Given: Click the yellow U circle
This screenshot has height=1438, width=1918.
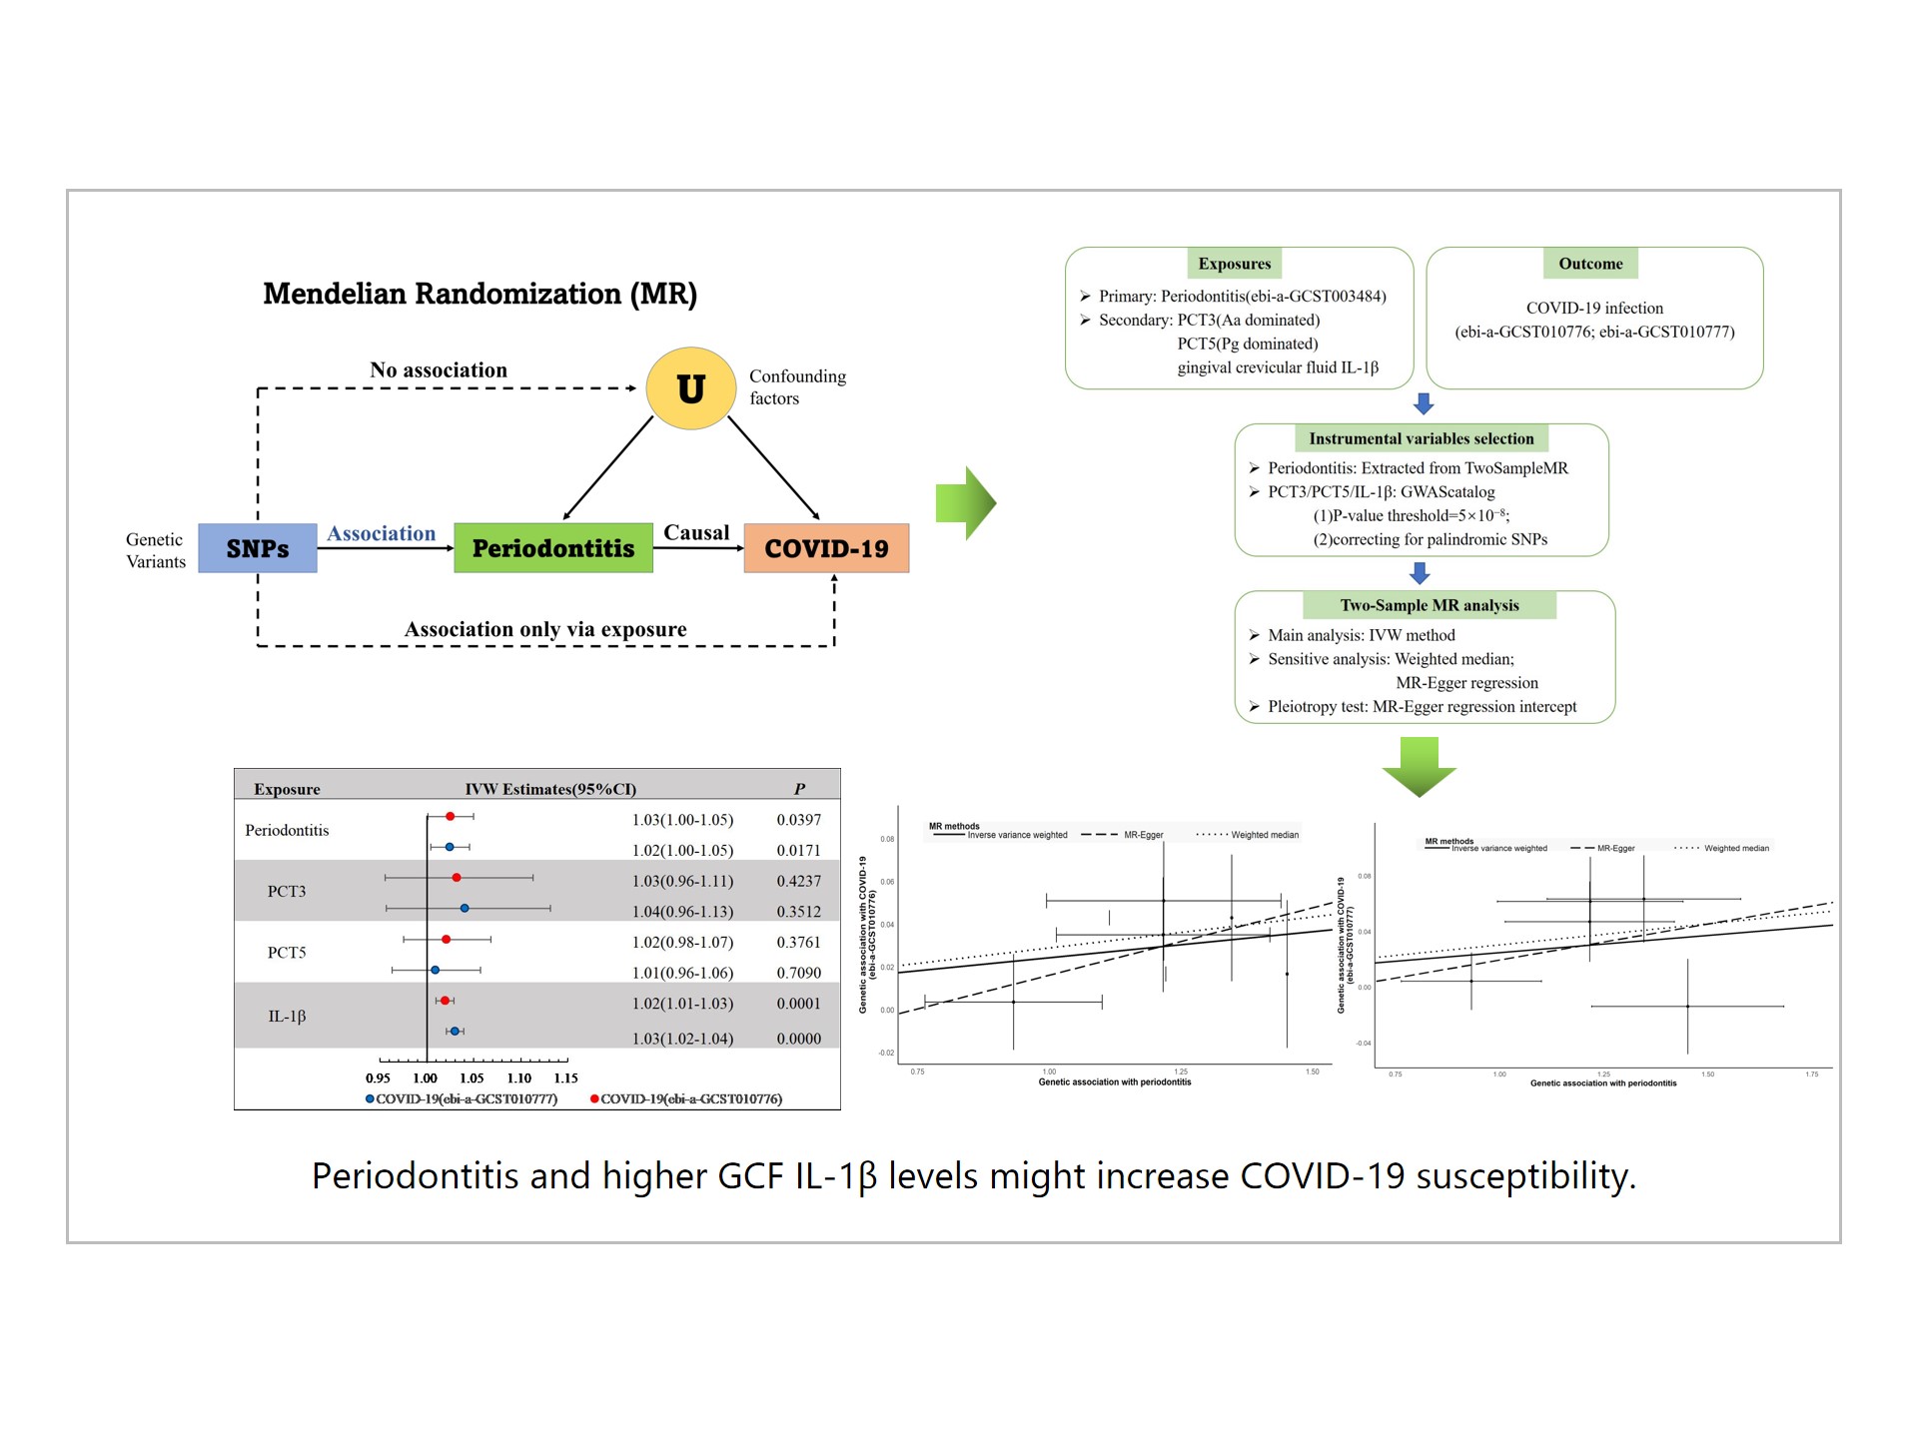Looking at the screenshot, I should point(690,388).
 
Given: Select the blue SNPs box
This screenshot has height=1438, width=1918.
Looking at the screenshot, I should point(258,548).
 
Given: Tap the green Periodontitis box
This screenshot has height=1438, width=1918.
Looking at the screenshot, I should point(553,548).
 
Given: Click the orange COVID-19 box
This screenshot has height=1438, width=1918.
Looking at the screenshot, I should point(826,548).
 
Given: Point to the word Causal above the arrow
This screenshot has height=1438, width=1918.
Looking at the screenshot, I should point(696,532).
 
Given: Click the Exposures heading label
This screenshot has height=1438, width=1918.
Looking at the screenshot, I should point(1235,264).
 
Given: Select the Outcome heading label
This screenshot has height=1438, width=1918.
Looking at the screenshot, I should point(1590,264).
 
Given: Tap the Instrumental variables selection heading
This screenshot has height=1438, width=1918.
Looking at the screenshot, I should point(1421,438).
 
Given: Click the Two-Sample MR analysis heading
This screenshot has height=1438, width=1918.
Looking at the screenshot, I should point(1429,605).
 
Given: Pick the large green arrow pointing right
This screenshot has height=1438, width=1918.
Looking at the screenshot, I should point(965,503).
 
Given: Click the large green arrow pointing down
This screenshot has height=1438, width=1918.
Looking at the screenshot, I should point(1419,766).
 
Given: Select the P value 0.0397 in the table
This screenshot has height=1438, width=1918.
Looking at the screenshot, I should point(798,820).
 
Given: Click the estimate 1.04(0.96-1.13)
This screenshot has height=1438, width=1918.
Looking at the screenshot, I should point(682,912).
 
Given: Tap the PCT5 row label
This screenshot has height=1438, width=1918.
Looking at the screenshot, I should point(287,953).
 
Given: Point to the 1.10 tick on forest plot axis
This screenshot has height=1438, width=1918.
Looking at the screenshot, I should point(519,1078).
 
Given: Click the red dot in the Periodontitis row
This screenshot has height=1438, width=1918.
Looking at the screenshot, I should point(451,817).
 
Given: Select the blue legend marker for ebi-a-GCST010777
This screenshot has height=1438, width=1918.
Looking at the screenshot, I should point(370,1099).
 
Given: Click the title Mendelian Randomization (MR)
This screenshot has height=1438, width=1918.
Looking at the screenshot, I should point(479,294).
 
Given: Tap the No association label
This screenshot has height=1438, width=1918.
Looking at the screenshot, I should point(439,370).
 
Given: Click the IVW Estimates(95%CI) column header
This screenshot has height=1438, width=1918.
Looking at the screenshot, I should point(550,789).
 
